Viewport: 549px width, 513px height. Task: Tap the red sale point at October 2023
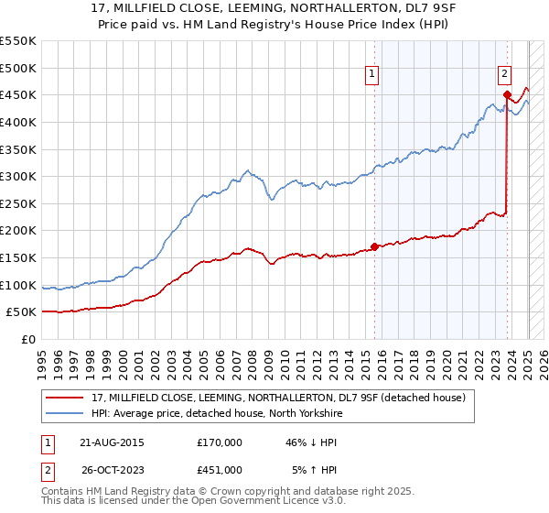507,93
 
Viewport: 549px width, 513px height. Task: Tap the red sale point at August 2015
374,246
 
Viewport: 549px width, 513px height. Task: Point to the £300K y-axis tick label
18,176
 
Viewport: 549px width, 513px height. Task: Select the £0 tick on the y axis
28,339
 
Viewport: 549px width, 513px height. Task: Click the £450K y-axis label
18,94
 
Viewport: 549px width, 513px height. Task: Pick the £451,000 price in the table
220,469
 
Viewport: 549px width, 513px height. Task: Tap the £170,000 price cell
220,442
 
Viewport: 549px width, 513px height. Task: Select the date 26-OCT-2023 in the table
113,469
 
